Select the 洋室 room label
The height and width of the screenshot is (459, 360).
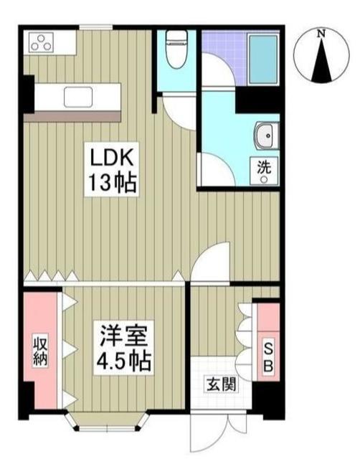click(x=123, y=334)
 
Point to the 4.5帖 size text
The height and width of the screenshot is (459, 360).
click(x=123, y=360)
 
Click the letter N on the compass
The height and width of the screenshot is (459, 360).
click(x=322, y=33)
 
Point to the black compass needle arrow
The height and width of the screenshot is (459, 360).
click(x=322, y=60)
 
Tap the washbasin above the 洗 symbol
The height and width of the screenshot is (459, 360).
click(x=265, y=136)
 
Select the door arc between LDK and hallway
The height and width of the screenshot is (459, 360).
click(x=213, y=262)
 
